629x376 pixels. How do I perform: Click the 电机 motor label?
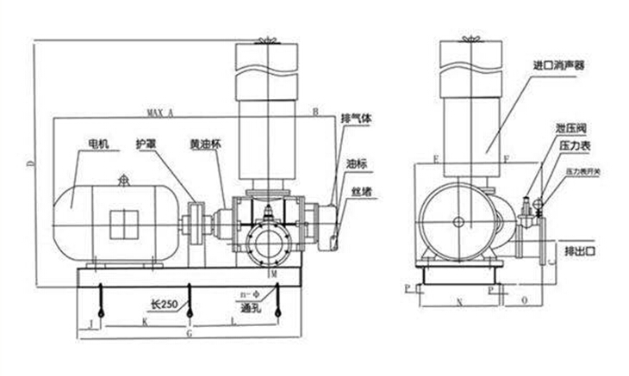point(97,145)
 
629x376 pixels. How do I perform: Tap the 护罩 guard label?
point(146,144)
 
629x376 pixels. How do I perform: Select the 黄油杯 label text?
point(206,144)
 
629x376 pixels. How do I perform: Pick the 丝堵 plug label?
point(361,193)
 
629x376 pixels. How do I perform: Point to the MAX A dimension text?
point(160,113)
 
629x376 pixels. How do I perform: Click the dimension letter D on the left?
point(30,163)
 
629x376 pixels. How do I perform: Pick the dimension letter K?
point(144,322)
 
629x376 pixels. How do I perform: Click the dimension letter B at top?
point(315,112)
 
